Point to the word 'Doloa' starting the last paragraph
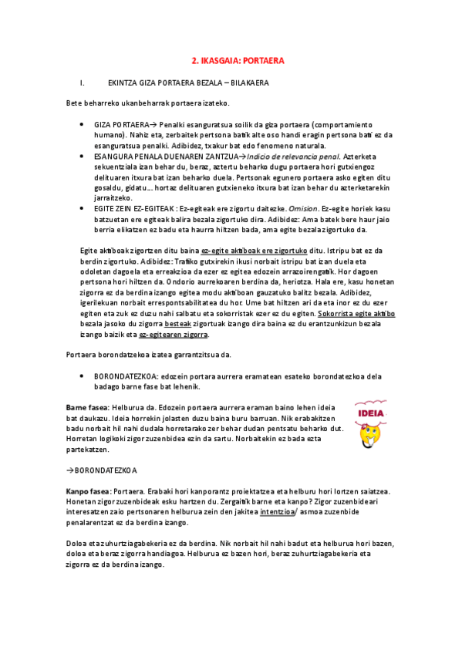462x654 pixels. pos(77,543)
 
